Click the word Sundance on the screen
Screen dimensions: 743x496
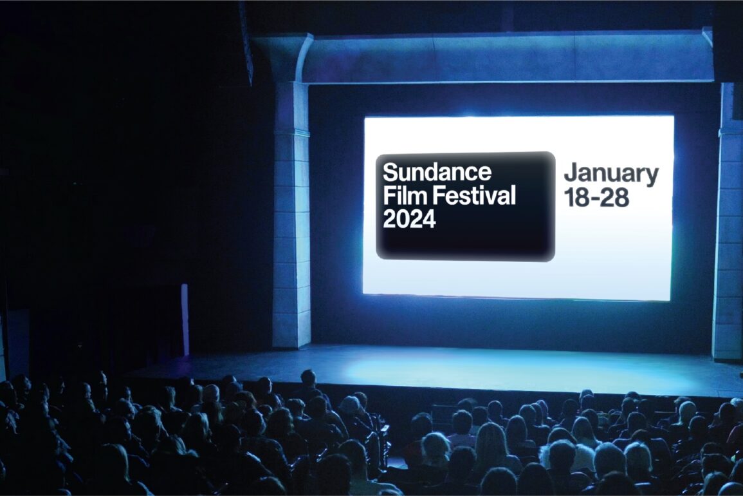pos(437,172)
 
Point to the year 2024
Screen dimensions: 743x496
pos(409,219)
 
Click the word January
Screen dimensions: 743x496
pos(611,175)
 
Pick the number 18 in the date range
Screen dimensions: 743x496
pos(576,198)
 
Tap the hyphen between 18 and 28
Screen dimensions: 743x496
pos(594,199)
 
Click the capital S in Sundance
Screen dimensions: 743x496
pos(390,172)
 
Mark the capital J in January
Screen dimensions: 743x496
pos(569,173)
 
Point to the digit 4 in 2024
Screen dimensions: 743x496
pos(429,219)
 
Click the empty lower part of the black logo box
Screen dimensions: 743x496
pos(465,244)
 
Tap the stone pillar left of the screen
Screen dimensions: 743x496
pos(291,214)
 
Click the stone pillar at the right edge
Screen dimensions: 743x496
pos(729,218)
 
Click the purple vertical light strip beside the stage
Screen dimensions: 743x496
pos(185,319)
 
